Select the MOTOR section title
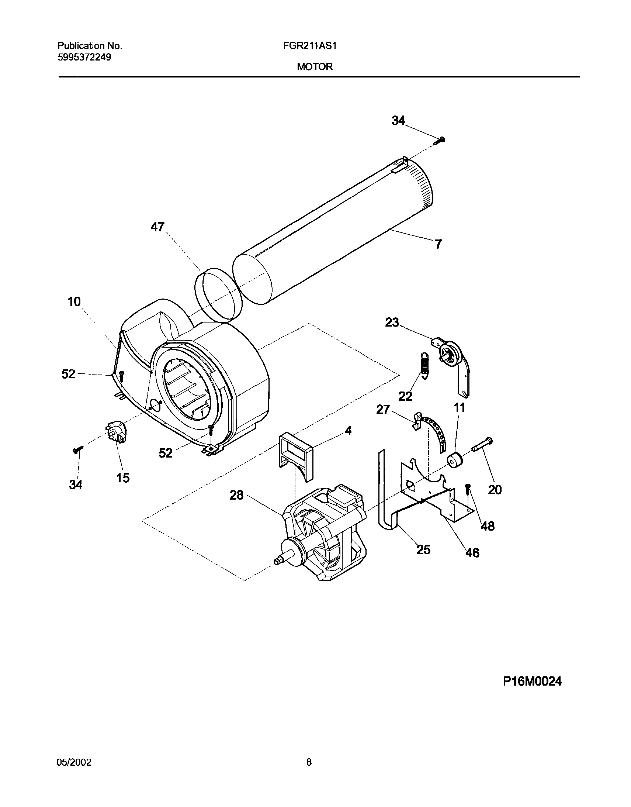coord(315,67)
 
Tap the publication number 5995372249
coord(84,57)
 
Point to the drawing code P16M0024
coord(533,681)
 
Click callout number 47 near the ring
coord(157,227)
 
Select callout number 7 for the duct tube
coord(438,244)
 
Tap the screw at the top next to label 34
coord(440,140)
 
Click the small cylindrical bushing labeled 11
coord(455,460)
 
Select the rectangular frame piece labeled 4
coord(296,453)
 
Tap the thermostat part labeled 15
coord(116,432)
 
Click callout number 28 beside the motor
coord(237,494)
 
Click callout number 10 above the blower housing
coord(74,301)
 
